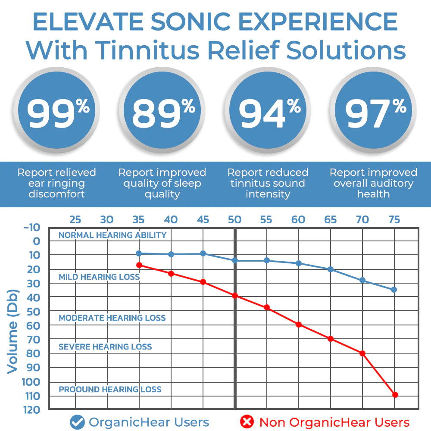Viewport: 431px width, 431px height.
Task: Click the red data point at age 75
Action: (x=395, y=394)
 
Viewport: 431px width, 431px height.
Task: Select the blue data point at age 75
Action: (x=394, y=290)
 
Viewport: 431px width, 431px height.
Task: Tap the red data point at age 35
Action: (x=139, y=265)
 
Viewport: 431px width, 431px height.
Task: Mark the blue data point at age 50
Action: (x=235, y=260)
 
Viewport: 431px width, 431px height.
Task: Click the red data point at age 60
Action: (x=299, y=324)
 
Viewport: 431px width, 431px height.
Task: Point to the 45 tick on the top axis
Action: (x=203, y=220)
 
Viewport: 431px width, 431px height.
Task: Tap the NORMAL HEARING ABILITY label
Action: (x=112, y=235)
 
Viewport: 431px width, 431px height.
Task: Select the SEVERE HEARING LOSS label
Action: (x=105, y=347)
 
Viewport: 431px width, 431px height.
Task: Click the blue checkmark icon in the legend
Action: (x=77, y=422)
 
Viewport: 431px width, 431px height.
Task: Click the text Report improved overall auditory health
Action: (x=373, y=183)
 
